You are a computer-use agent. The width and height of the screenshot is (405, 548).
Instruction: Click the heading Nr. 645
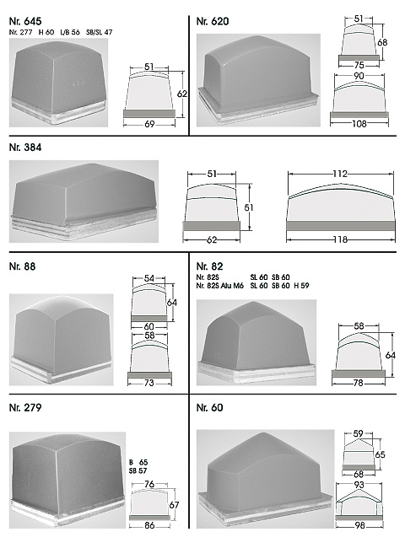pyautogui.click(x=25, y=21)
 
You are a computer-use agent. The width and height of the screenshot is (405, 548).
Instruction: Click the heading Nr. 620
pyautogui.click(x=213, y=21)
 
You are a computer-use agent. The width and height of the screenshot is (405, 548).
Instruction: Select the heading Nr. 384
pyautogui.click(x=25, y=148)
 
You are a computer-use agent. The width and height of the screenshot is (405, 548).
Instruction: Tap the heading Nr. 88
pyautogui.click(x=23, y=266)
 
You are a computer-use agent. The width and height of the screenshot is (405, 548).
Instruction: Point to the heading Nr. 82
pyautogui.click(x=210, y=266)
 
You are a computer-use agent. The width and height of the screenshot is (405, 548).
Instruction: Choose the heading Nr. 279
pyautogui.click(x=25, y=407)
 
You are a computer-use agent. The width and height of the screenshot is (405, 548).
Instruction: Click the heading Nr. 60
pyautogui.click(x=210, y=407)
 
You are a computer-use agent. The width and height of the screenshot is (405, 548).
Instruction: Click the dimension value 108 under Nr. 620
pyautogui.click(x=359, y=123)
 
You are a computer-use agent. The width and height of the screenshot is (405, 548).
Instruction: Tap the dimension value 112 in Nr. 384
pyautogui.click(x=340, y=174)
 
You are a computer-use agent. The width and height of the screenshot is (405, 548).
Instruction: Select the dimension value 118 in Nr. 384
pyautogui.click(x=340, y=239)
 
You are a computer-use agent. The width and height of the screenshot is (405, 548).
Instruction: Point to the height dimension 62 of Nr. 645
pyautogui.click(x=182, y=94)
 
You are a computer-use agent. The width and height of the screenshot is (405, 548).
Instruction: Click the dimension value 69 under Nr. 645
pyautogui.click(x=149, y=124)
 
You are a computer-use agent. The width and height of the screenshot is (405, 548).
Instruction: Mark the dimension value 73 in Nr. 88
pyautogui.click(x=149, y=383)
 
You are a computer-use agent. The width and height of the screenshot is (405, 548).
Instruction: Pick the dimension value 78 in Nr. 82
pyautogui.click(x=358, y=383)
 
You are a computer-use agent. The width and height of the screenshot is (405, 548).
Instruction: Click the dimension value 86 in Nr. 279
pyautogui.click(x=149, y=525)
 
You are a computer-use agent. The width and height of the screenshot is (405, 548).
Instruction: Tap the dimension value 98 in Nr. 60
pyautogui.click(x=359, y=525)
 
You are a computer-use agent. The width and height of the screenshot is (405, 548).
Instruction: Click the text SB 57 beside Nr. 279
pyautogui.click(x=138, y=470)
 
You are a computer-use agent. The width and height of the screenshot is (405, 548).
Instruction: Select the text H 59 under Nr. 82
pyautogui.click(x=301, y=286)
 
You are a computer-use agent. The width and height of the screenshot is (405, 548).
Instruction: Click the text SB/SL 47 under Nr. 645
pyautogui.click(x=100, y=32)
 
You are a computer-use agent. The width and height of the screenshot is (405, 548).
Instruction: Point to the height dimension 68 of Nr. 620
pyautogui.click(x=382, y=42)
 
